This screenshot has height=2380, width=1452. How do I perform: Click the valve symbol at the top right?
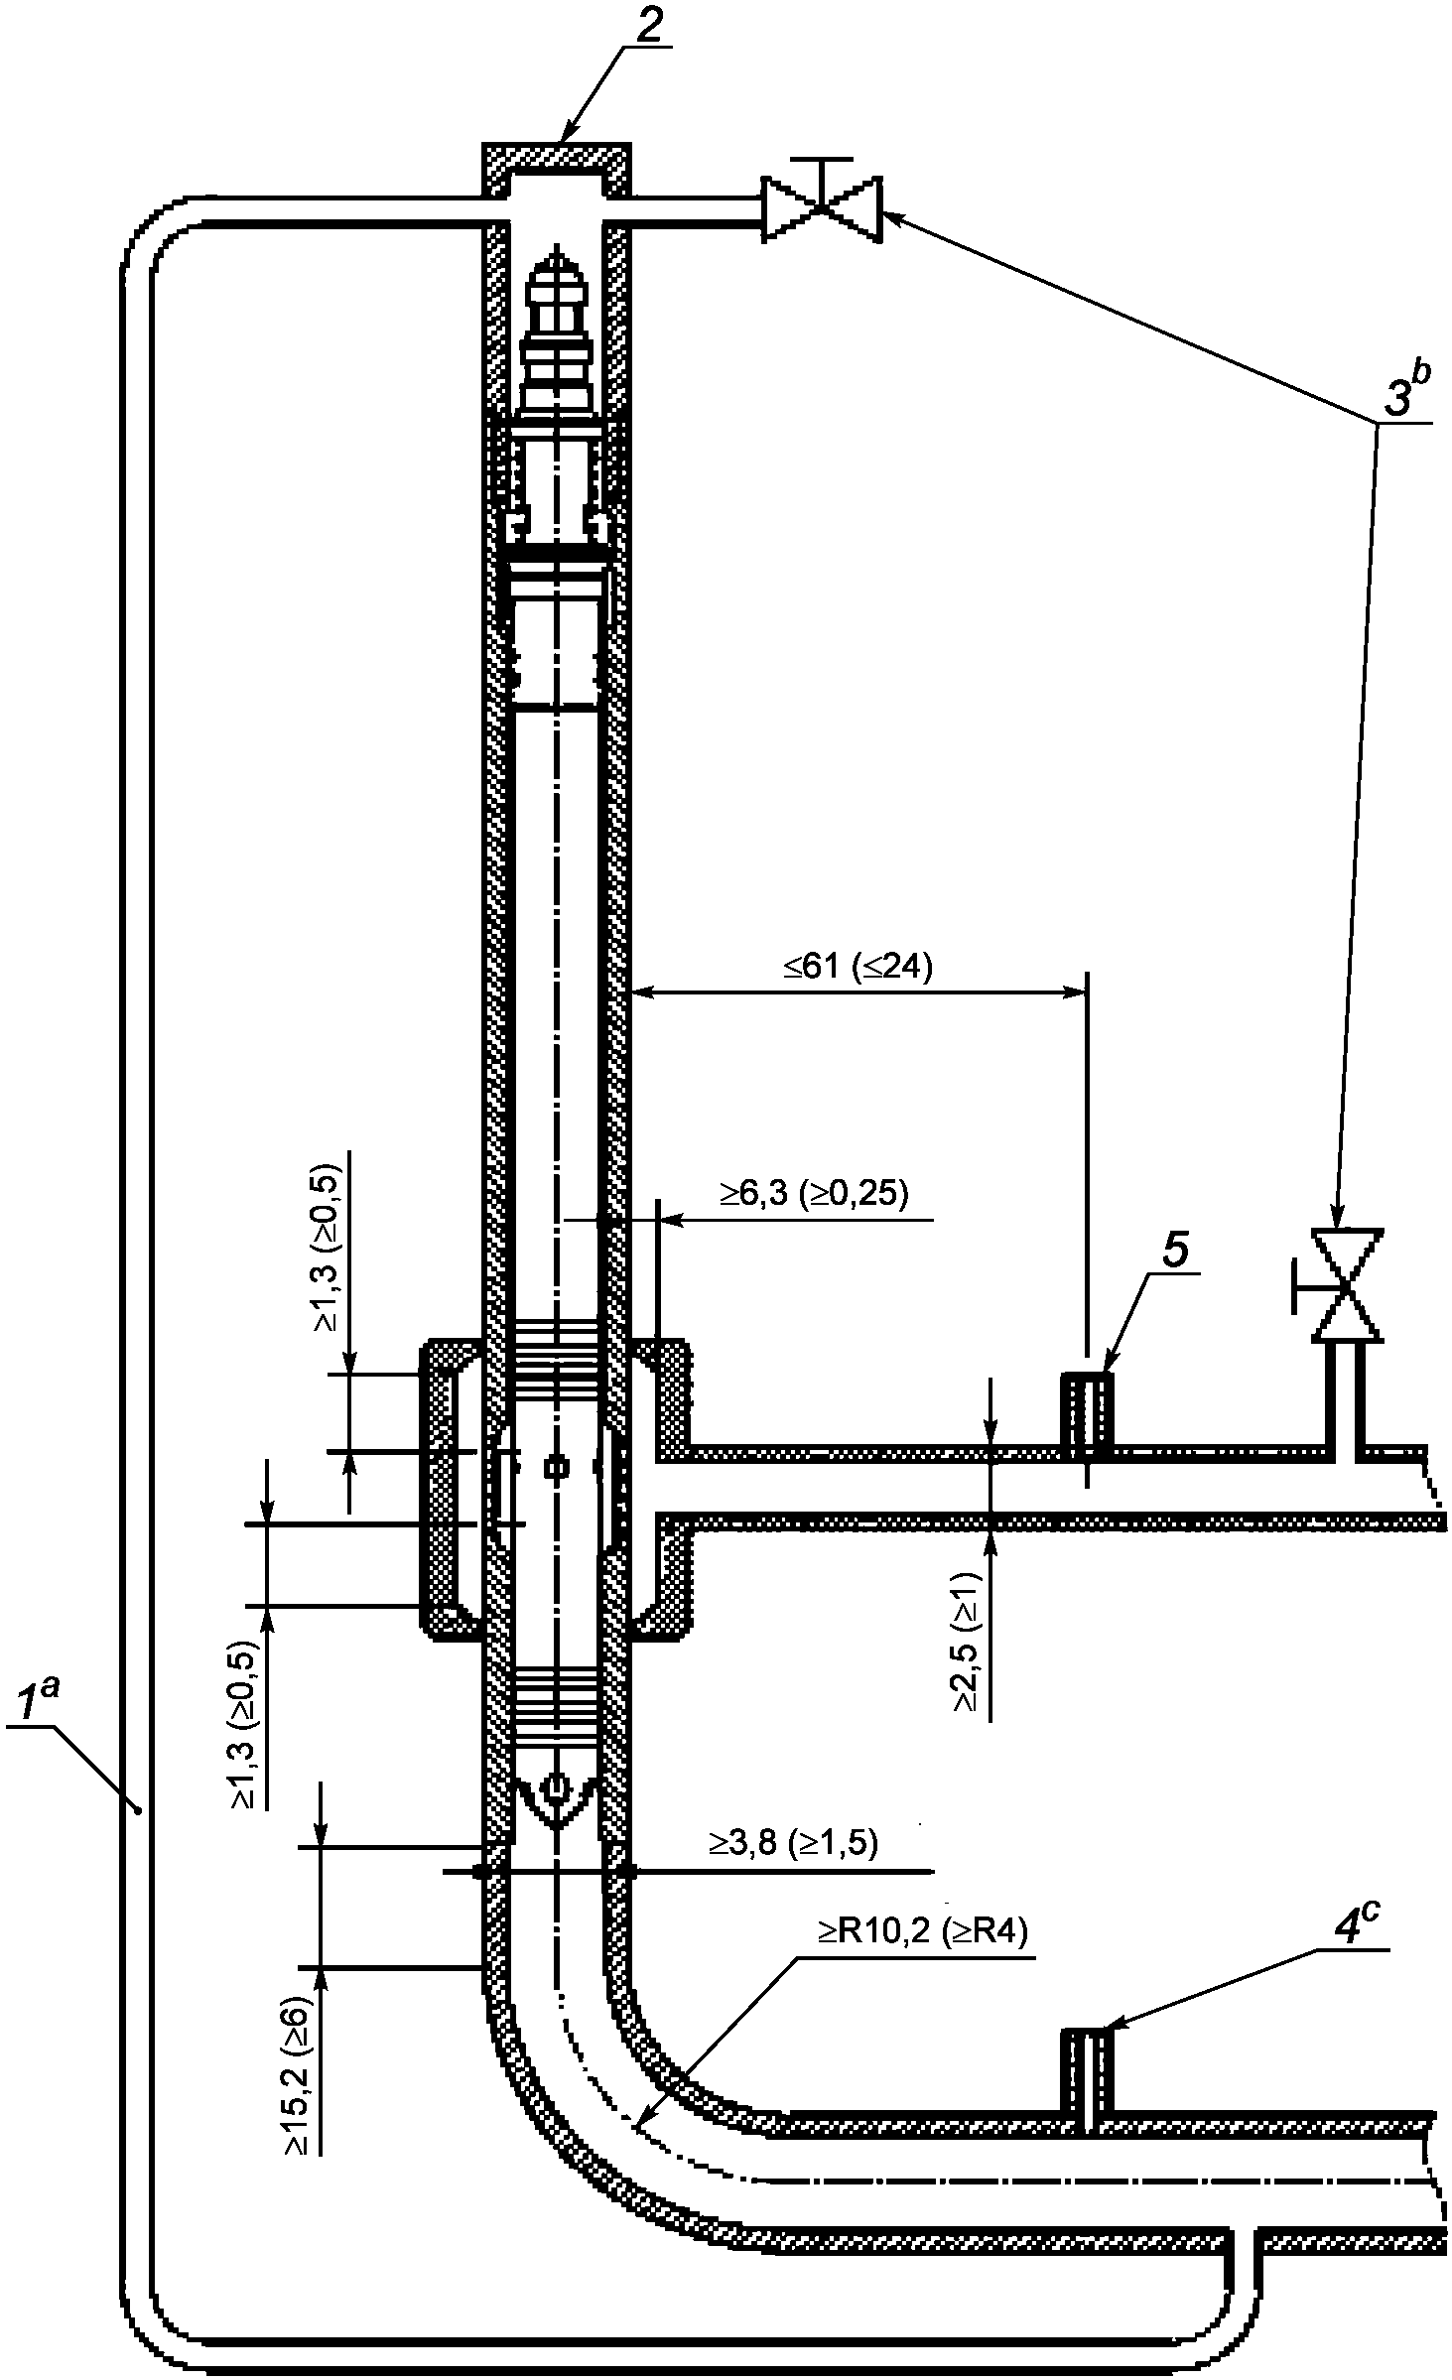coord(822,207)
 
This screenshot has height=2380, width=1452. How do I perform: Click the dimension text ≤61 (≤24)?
coord(858,968)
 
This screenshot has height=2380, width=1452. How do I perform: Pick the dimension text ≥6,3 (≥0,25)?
coord(814,1194)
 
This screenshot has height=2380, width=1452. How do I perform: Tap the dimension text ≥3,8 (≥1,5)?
coord(793,1842)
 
